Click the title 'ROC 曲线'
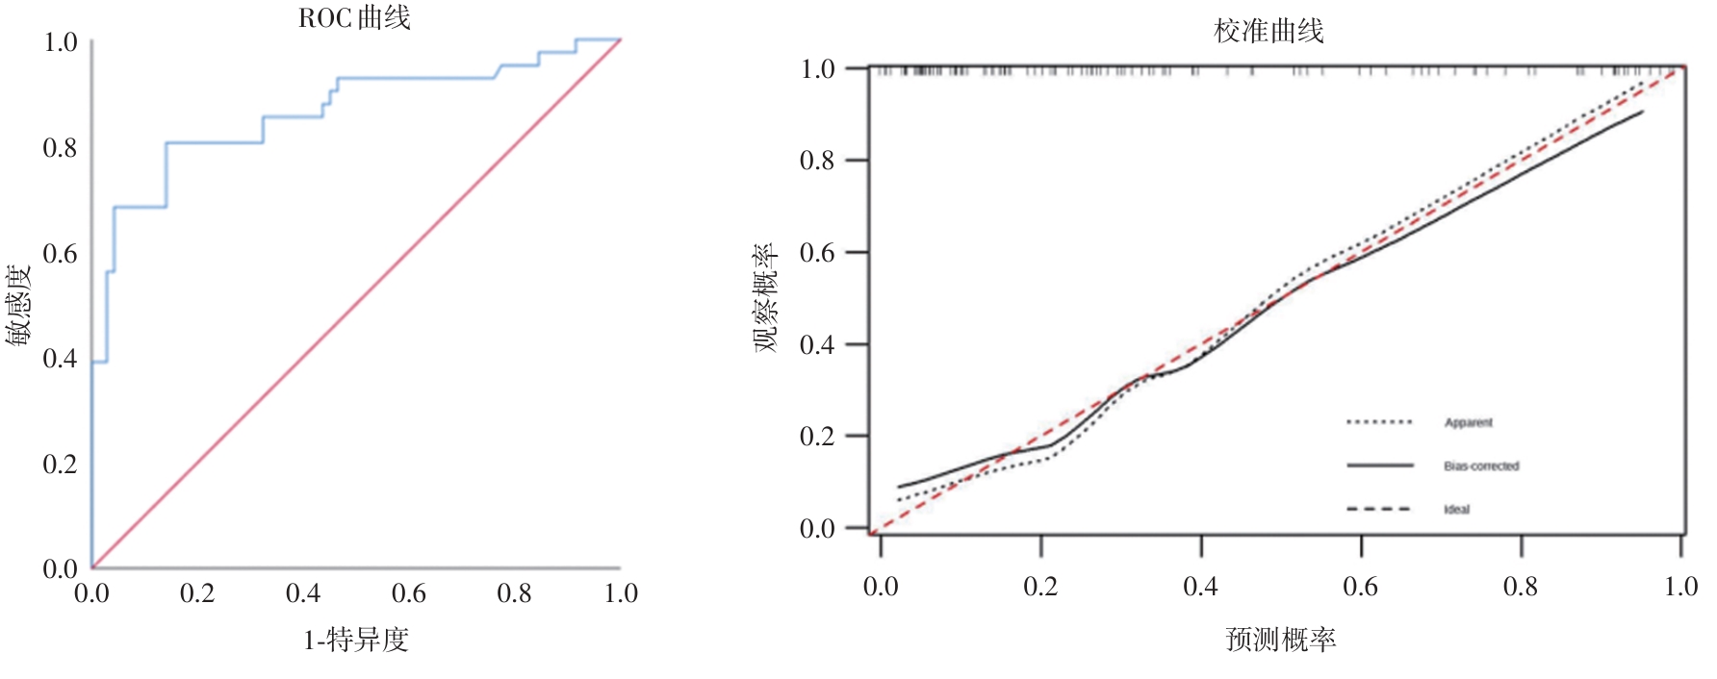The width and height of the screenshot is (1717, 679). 354,18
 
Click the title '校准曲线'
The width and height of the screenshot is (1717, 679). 1269,32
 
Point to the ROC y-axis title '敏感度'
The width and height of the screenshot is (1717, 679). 18,304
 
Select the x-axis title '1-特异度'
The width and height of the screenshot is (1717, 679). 356,640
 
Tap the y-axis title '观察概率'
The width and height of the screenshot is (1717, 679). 766,298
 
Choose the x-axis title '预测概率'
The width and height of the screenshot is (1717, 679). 1280,640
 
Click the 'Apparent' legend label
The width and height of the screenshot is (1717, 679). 1468,422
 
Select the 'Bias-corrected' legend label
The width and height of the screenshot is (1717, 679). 1481,466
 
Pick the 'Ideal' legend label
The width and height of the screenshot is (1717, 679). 1456,510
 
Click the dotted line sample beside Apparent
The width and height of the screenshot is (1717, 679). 1379,422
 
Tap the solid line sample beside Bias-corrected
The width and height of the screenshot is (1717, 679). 1379,465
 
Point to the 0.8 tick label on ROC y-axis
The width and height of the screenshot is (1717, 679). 60,148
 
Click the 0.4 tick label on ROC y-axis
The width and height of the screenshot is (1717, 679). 60,359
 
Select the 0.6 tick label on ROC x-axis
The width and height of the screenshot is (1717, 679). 409,593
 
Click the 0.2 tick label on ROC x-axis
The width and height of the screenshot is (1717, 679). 197,593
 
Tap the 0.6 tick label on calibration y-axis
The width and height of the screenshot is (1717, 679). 817,253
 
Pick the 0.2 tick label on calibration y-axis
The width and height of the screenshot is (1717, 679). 817,437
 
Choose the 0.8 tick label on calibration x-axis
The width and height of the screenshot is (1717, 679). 1521,587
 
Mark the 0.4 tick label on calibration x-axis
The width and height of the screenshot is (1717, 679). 1200,587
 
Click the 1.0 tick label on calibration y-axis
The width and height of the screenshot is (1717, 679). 817,69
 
